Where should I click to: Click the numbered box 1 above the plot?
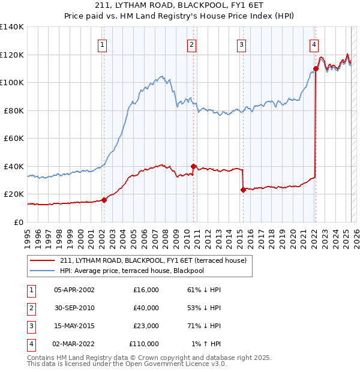[x=103, y=44]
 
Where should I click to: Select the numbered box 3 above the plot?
[x=241, y=44]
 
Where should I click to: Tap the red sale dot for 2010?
[x=193, y=166]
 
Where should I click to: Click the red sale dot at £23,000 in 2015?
[x=243, y=190]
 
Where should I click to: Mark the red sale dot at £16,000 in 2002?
[x=104, y=200]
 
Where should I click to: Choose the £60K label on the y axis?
[x=14, y=138]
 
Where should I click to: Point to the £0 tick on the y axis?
[x=18, y=222]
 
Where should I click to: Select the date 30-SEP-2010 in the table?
[x=74, y=308]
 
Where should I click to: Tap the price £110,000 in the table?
[x=144, y=344]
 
